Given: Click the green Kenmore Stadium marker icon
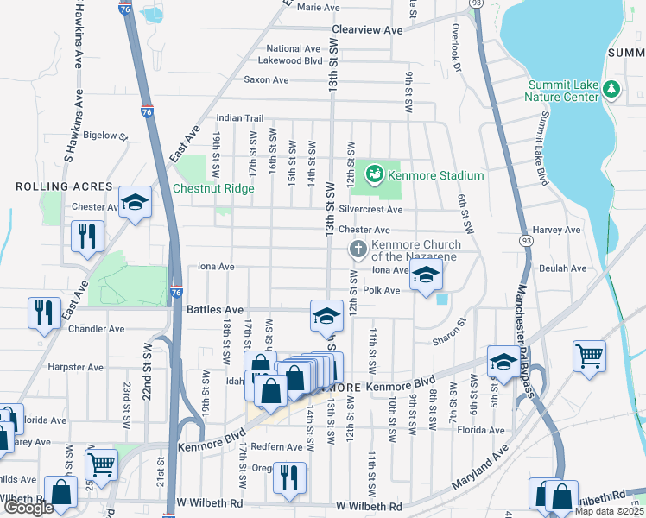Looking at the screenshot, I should pyautogui.click(x=374, y=175).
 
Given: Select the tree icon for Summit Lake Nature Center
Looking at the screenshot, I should pyautogui.click(x=611, y=89).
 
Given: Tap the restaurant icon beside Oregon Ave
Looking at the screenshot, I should pyautogui.click(x=288, y=477).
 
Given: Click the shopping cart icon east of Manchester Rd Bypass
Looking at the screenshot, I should pyautogui.click(x=588, y=356).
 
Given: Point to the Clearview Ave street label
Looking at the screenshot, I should pyautogui.click(x=368, y=30).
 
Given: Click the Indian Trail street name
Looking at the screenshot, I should pyautogui.click(x=239, y=118).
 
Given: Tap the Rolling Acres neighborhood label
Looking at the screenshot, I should pyautogui.click(x=64, y=186).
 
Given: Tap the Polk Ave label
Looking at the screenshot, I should pyautogui.click(x=381, y=291).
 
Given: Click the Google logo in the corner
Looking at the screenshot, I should pyautogui.click(x=28, y=508).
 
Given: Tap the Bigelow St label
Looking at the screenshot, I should pyautogui.click(x=104, y=136).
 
